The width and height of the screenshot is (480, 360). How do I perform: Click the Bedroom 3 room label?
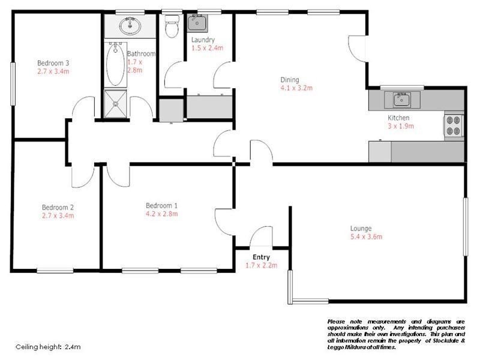click(53, 63)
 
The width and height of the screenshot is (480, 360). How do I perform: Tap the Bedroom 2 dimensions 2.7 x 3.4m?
click(58, 214)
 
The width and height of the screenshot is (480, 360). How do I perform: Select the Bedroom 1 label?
click(161, 205)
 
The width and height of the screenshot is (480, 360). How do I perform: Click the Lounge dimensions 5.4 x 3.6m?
click(366, 236)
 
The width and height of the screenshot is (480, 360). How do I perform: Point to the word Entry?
click(261, 257)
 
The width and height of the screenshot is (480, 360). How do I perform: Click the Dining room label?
click(289, 80)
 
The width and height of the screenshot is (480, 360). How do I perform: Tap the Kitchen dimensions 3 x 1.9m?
click(401, 126)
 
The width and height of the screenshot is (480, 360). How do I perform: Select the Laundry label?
click(203, 40)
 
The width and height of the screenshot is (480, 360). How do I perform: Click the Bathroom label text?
click(141, 53)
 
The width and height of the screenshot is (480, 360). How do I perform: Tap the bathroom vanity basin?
click(130, 26)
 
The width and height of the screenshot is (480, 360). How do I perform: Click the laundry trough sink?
click(197, 23)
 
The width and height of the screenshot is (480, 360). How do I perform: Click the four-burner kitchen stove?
click(454, 125)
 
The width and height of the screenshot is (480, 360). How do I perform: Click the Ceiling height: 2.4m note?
click(48, 347)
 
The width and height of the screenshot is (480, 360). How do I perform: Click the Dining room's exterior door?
click(358, 48)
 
